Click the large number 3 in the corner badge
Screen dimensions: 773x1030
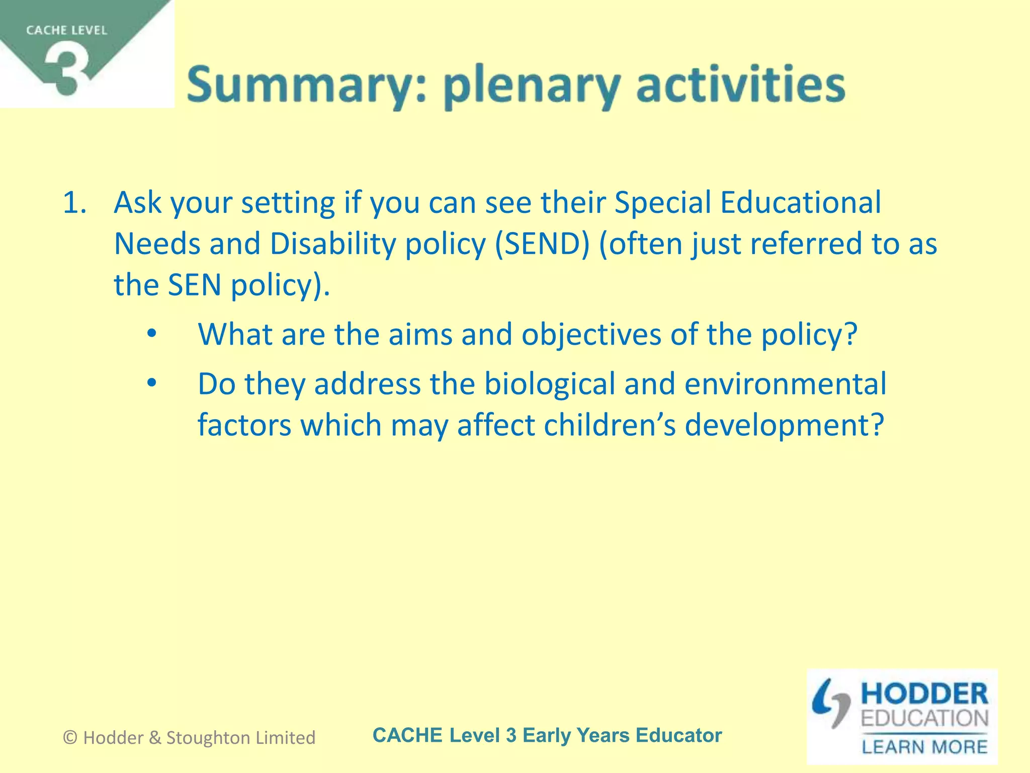[x=67, y=70]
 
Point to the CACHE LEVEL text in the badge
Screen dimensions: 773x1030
[x=66, y=31]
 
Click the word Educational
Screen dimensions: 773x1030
[x=800, y=203]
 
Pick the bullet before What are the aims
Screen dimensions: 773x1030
[x=152, y=334]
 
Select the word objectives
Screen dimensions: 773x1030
[x=591, y=335]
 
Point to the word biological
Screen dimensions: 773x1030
[x=549, y=384]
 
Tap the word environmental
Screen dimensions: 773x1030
[x=785, y=384]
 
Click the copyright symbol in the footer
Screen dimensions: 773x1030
[x=70, y=738]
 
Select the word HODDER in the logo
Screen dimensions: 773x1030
[x=924, y=695]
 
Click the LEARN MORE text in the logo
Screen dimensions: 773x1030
[x=924, y=746]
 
